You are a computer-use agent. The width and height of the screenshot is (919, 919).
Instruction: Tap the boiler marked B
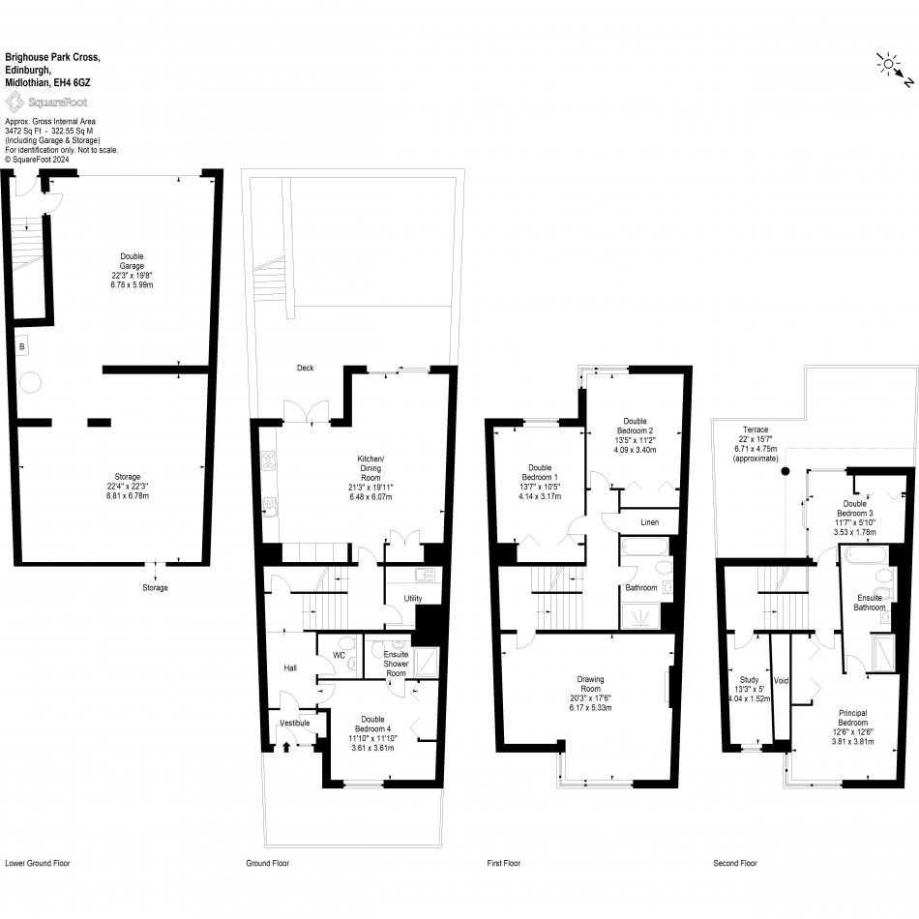point(20,345)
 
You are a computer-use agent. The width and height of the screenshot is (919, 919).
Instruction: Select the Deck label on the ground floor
point(306,368)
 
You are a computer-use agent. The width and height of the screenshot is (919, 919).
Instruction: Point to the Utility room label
point(413,599)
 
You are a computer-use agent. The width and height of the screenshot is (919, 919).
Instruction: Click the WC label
point(339,655)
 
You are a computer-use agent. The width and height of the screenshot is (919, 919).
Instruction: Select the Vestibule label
point(294,723)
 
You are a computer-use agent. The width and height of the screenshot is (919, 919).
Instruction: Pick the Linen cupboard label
point(650,522)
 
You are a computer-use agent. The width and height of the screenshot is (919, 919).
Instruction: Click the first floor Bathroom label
point(640,587)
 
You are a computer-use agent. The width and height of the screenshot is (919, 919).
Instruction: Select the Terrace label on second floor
point(756,429)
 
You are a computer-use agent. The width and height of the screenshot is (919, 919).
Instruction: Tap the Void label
point(781,681)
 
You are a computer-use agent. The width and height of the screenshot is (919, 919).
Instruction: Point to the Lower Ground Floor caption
point(38,863)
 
